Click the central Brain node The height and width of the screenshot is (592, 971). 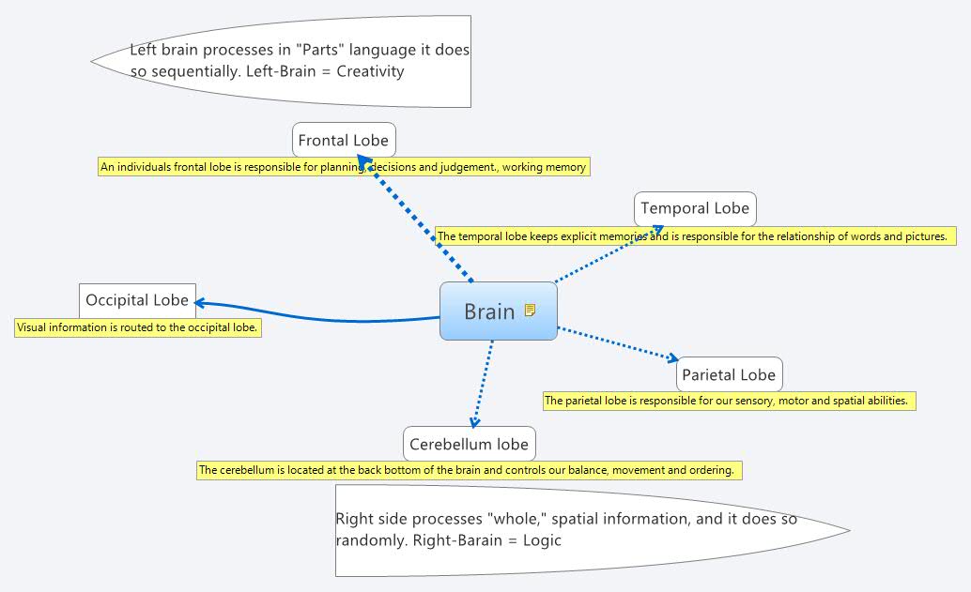(x=489, y=311)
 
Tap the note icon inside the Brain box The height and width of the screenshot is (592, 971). (x=531, y=310)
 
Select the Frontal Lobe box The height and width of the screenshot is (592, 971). (x=343, y=141)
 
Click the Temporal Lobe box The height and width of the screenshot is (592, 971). (x=695, y=208)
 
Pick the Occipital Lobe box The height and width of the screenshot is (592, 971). (x=137, y=300)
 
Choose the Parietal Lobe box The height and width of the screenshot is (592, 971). (x=729, y=374)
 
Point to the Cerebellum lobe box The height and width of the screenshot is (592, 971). (x=469, y=444)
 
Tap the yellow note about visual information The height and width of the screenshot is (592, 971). (x=137, y=328)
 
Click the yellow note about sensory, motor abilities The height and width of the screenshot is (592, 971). (x=729, y=401)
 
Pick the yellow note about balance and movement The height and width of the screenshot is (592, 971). (x=469, y=470)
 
